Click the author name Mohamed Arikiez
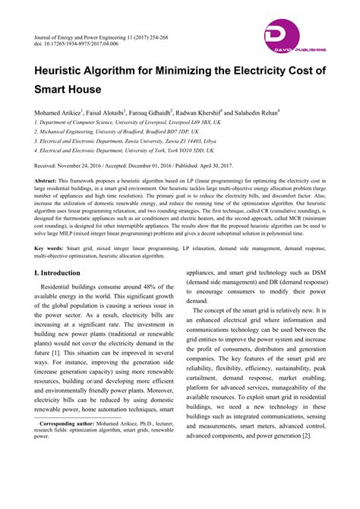point(60,110)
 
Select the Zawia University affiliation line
point(114,141)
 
